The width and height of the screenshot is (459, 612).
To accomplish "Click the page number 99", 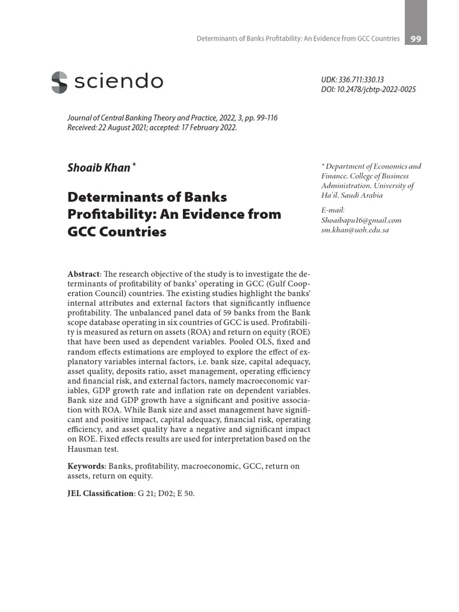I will tap(415, 39).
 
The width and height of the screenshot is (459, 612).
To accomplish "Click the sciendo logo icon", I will tap(59, 82).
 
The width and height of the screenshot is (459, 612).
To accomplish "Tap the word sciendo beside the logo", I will tap(118, 82).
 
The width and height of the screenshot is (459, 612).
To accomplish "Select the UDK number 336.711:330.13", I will tap(362, 79).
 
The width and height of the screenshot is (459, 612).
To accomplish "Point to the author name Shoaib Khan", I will tap(99, 168).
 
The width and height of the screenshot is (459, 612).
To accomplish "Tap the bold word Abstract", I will tap(83, 274).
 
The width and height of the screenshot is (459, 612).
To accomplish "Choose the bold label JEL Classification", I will tap(100, 494).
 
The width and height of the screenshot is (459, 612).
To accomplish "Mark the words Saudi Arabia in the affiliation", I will tap(359, 195).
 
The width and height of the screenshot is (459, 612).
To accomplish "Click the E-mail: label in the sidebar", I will tap(333, 210).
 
